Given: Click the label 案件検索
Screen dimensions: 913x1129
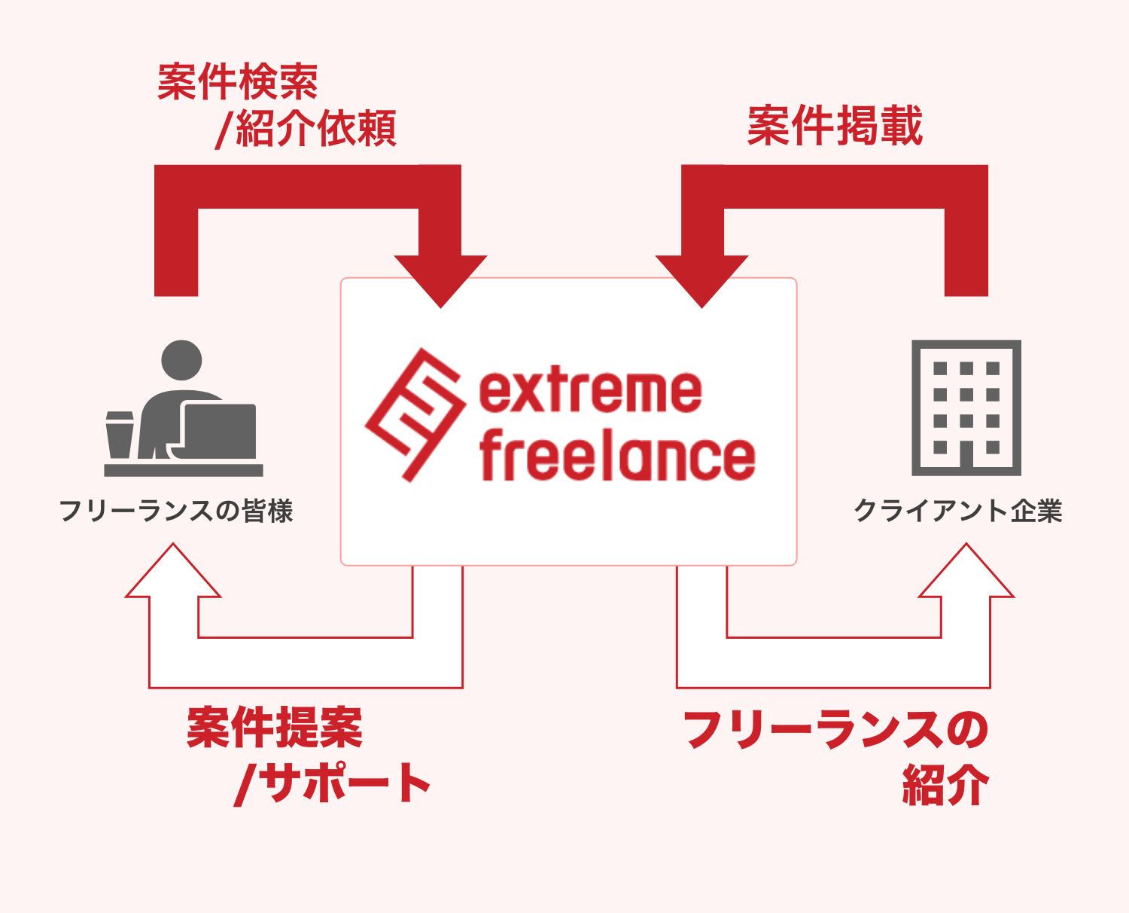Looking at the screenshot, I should click(x=238, y=82).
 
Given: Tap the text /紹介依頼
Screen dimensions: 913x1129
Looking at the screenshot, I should click(x=306, y=129).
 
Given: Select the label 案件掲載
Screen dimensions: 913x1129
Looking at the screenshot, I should click(x=835, y=126).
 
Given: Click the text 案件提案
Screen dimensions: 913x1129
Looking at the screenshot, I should click(x=275, y=728).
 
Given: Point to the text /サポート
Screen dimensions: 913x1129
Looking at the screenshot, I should click(x=333, y=783).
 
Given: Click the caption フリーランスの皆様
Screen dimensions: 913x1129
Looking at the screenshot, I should click(x=176, y=511).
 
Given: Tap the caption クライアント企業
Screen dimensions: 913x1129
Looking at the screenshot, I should click(x=957, y=511).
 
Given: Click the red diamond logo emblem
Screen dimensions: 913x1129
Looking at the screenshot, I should click(x=415, y=414).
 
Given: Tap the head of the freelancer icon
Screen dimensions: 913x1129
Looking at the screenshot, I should click(x=181, y=360).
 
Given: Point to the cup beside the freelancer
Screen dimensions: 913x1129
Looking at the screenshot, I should click(x=120, y=435).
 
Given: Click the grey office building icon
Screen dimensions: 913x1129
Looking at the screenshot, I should click(x=966, y=407).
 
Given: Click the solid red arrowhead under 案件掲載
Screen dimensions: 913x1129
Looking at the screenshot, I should click(x=701, y=279).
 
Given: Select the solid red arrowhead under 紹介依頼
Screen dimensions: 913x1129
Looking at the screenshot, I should click(x=441, y=279).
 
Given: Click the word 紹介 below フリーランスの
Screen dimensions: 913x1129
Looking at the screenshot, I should click(x=945, y=785).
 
